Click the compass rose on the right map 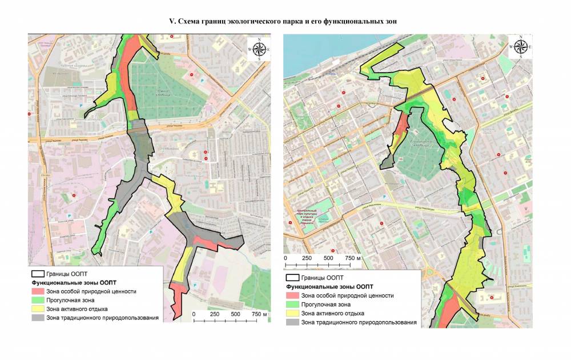pos(520,47)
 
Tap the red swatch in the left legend pos(38,291)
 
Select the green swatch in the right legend pos(292,305)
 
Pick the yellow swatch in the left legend pos(38,309)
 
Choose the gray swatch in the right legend pos(292,322)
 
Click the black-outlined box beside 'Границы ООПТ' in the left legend pos(38,274)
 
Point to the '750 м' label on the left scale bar pos(258,314)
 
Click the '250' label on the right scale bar pos(306,259)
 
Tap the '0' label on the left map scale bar pos(194,314)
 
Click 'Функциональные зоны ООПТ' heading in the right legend pos(329,287)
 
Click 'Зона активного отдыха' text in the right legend pos(332,314)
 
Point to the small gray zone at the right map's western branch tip pos(387,165)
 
